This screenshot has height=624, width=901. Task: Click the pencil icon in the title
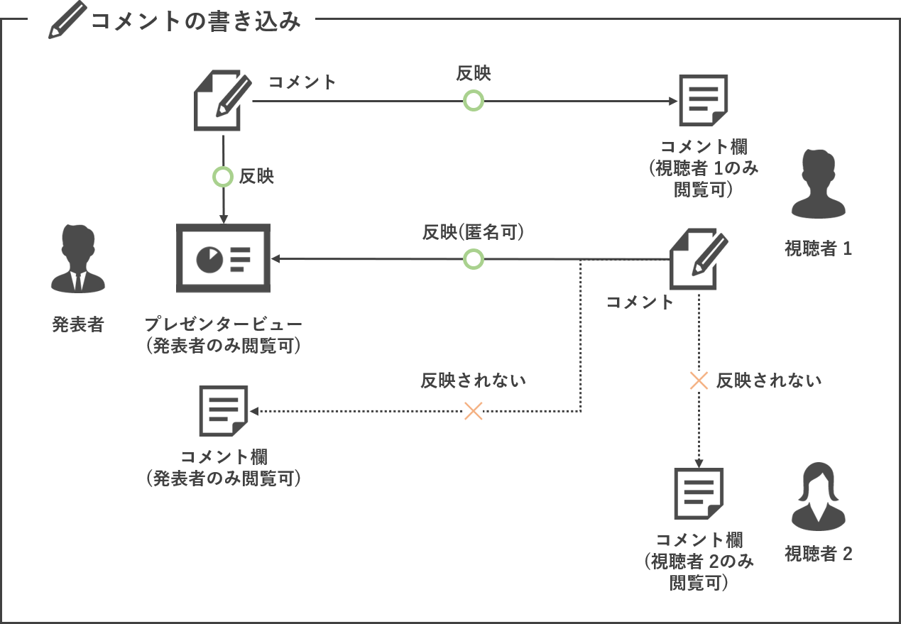click(x=67, y=20)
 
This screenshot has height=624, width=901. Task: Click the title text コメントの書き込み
click(x=196, y=21)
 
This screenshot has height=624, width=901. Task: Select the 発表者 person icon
click(x=78, y=258)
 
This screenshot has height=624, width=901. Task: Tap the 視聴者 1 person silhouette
click(x=819, y=184)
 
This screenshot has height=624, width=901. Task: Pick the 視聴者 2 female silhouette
click(x=819, y=497)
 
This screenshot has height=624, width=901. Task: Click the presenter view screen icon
click(x=223, y=258)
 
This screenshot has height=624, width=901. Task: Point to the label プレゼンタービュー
click(x=223, y=324)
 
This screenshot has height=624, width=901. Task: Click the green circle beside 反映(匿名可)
click(x=474, y=259)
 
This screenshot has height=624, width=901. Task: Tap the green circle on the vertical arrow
click(x=223, y=177)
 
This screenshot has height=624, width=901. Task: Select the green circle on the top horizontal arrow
click(x=474, y=101)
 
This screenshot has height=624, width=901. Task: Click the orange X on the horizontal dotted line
click(x=474, y=411)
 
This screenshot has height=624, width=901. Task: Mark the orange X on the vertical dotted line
click(x=699, y=381)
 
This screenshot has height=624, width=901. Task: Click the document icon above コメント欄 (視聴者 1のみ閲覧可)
click(x=704, y=101)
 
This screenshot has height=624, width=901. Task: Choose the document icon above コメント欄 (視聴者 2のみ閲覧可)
click(x=699, y=493)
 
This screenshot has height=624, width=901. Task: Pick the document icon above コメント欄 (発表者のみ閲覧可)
click(x=223, y=411)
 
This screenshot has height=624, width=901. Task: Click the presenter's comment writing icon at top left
click(x=223, y=101)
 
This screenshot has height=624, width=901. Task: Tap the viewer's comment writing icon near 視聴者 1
click(x=699, y=259)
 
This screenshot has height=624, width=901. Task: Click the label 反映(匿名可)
click(x=473, y=232)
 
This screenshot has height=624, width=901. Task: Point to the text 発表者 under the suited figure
click(x=78, y=324)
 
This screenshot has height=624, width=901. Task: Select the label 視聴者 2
click(x=819, y=554)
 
